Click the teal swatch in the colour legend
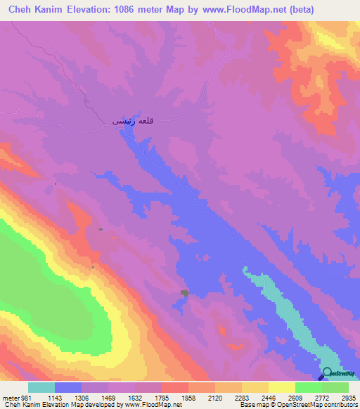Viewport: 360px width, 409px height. [41, 387]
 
